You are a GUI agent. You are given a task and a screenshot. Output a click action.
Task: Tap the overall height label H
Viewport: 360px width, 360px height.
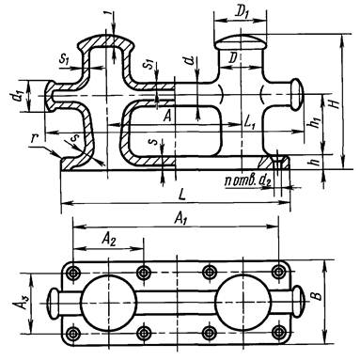click(x=336, y=102)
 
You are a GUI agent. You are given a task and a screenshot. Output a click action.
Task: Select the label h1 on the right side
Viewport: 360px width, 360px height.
click(x=316, y=119)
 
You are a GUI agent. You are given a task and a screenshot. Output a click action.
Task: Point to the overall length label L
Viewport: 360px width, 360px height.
click(x=182, y=195)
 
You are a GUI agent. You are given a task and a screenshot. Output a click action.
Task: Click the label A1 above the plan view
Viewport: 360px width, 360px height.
click(x=180, y=218)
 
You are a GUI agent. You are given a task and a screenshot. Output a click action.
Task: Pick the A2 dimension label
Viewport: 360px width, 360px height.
click(x=108, y=240)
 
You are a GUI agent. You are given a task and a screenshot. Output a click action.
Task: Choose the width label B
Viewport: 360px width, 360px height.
click(x=318, y=295)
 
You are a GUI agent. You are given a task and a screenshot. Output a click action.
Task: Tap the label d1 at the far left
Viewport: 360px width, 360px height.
click(x=20, y=95)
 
